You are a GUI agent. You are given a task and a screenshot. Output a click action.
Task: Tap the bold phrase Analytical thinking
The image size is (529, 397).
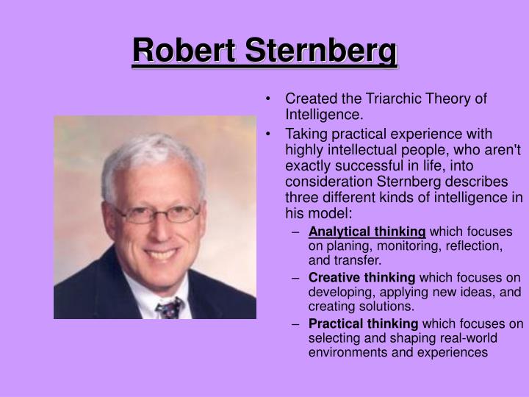coord(367,232)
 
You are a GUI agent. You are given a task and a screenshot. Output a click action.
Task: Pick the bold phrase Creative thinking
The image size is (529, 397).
coord(361,277)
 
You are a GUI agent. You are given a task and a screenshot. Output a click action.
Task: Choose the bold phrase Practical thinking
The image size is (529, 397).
coord(363,323)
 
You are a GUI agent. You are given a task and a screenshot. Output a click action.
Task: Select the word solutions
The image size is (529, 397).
coord(388,306)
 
